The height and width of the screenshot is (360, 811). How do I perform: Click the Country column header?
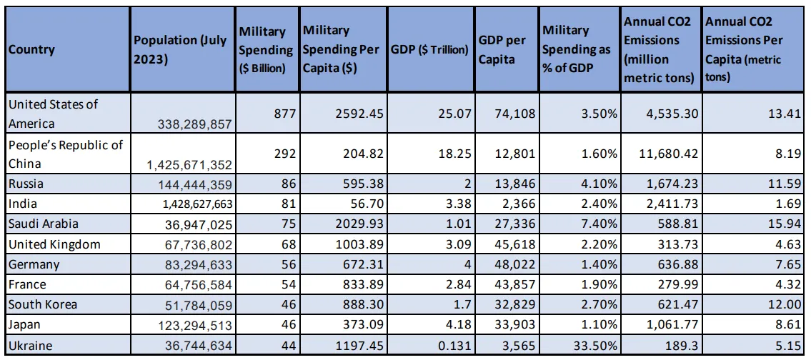[31, 50]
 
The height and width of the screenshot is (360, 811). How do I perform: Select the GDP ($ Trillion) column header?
[429, 50]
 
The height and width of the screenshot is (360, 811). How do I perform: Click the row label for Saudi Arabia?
[44, 224]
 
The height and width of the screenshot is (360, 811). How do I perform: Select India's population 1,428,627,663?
[189, 204]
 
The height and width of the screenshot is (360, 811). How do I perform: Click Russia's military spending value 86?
[286, 184]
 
